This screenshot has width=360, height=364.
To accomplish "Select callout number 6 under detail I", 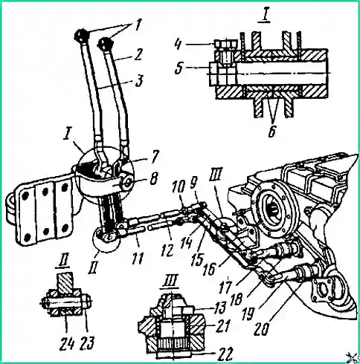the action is [272, 131].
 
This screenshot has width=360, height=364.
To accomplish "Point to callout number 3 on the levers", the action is [140, 81].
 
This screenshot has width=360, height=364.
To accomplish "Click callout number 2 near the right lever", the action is [138, 55].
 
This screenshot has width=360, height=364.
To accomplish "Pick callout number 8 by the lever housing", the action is [154, 179].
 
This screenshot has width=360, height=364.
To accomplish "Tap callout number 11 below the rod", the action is [137, 258].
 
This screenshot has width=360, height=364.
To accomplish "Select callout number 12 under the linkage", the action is [168, 250].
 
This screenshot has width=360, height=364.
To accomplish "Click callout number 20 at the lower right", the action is [262, 328].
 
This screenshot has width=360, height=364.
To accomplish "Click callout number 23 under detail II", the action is [87, 343].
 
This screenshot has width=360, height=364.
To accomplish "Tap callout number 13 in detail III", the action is [220, 308].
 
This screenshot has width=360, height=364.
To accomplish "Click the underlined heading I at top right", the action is [265, 16].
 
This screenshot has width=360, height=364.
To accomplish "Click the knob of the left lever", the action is [82, 35].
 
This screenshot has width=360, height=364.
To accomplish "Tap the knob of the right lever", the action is [104, 43].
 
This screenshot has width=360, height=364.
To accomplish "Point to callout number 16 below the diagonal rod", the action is [210, 269].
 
